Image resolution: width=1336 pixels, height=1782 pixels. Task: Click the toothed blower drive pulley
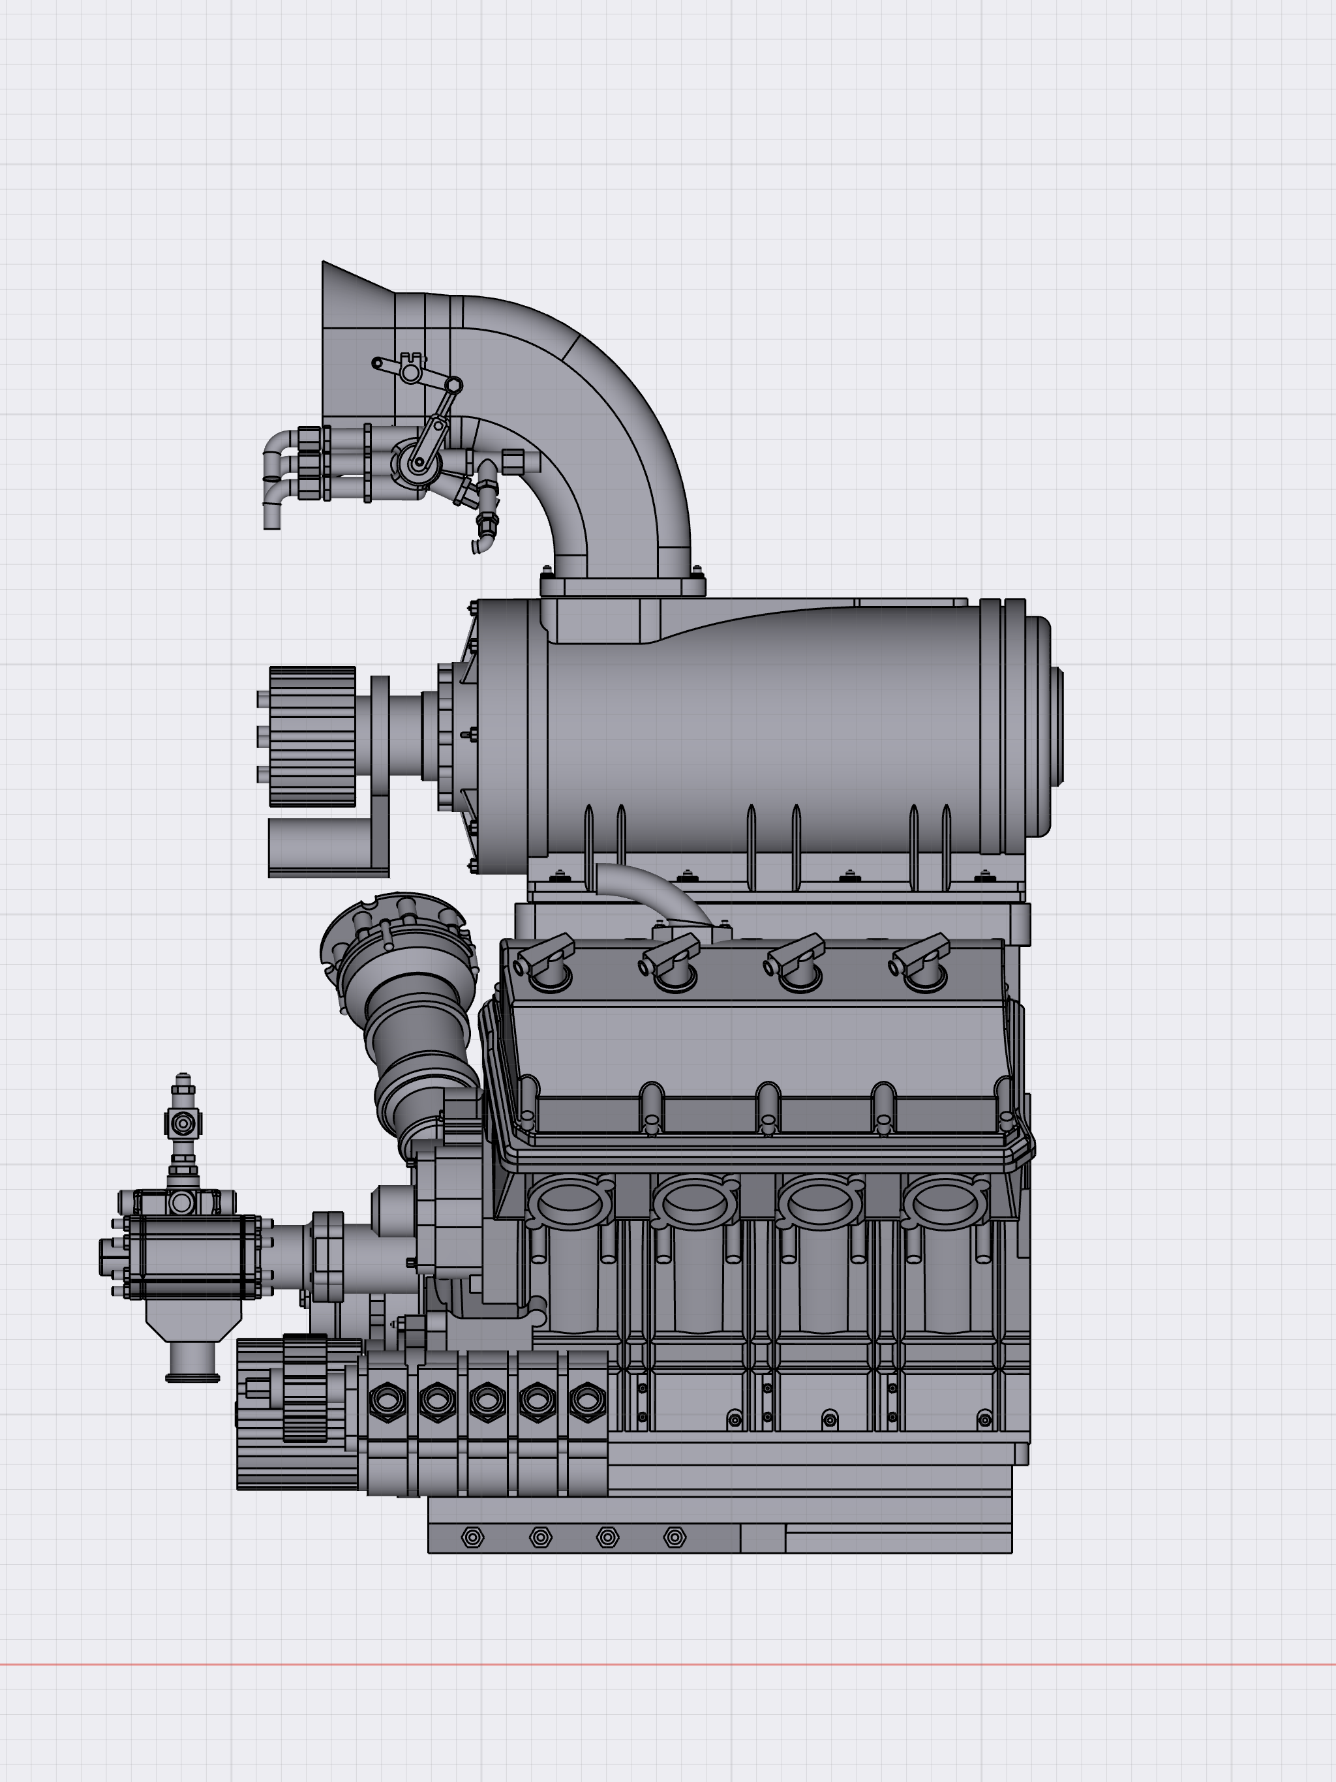[x=312, y=736]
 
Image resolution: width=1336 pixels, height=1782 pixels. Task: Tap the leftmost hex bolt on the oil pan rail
[x=472, y=1537]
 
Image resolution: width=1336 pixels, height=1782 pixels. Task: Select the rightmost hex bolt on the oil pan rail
[x=675, y=1537]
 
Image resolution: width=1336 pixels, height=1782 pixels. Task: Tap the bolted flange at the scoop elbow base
[x=622, y=586]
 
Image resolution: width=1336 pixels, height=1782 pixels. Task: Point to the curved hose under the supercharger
[x=653, y=890]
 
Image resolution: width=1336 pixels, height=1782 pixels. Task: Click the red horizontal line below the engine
[x=668, y=1663]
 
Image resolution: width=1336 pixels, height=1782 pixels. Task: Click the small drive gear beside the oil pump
[x=305, y=1388]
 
